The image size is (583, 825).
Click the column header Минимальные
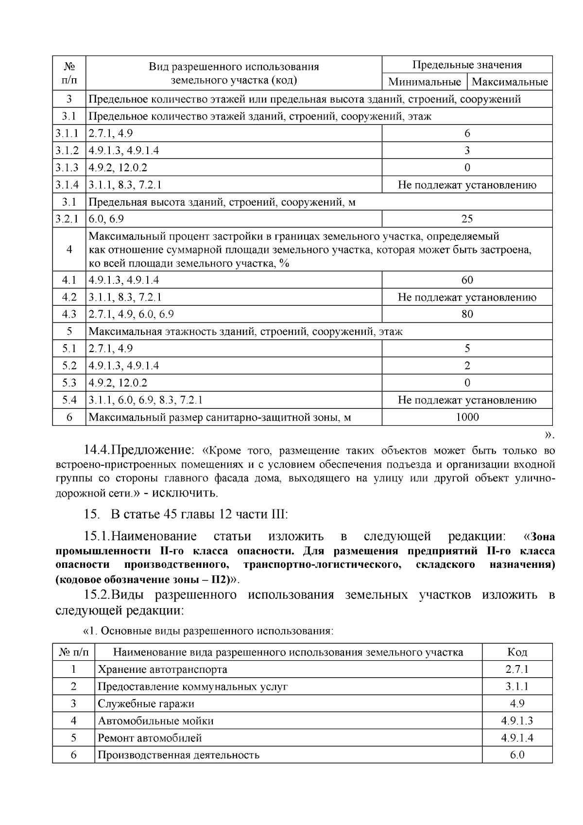[425, 82]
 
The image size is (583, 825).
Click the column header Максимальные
[510, 82]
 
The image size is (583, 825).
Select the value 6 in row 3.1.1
[467, 133]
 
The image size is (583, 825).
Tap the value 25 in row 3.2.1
[467, 219]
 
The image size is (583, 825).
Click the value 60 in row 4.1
[467, 280]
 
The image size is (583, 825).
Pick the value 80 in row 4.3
[467, 314]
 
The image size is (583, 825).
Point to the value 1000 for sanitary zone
[467, 417]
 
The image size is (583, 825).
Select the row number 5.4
[69, 400]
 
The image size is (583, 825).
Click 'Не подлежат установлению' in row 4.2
[467, 297]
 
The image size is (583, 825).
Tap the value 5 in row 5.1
[467, 349]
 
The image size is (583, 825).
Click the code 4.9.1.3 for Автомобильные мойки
[517, 721]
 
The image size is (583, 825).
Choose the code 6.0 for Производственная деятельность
[517, 755]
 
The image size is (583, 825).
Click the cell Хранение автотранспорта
[162, 669]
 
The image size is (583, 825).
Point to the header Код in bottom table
[517, 652]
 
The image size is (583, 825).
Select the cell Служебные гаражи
[146, 703]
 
